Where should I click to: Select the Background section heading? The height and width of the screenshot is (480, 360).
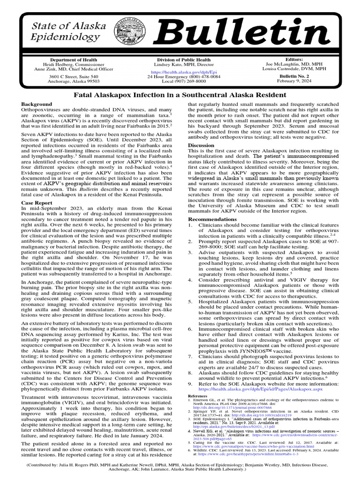[x=37, y=104]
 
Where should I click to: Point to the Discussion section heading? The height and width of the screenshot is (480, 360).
[x=201, y=145]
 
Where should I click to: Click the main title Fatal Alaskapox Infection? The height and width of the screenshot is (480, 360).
[x=180, y=95]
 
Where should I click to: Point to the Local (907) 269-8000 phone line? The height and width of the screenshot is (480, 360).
[x=182, y=81]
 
